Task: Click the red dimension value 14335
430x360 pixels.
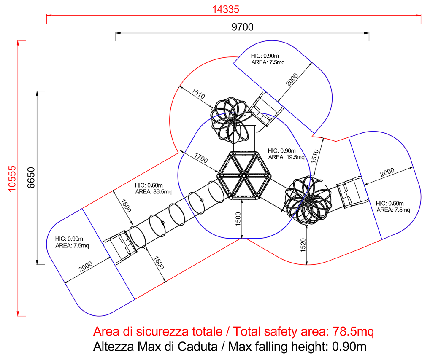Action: point(225,9)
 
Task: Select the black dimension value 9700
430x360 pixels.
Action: point(242,27)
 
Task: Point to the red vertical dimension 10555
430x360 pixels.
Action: point(12,179)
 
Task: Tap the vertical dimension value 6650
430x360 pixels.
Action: point(31,177)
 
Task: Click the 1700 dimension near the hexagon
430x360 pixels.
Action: point(201,158)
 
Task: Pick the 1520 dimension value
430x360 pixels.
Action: point(303,245)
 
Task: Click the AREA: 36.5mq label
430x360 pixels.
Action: point(153,192)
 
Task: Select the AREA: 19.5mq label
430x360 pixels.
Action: point(286,157)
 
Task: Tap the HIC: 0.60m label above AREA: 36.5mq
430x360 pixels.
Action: point(149,185)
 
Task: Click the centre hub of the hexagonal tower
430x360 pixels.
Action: point(243,175)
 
